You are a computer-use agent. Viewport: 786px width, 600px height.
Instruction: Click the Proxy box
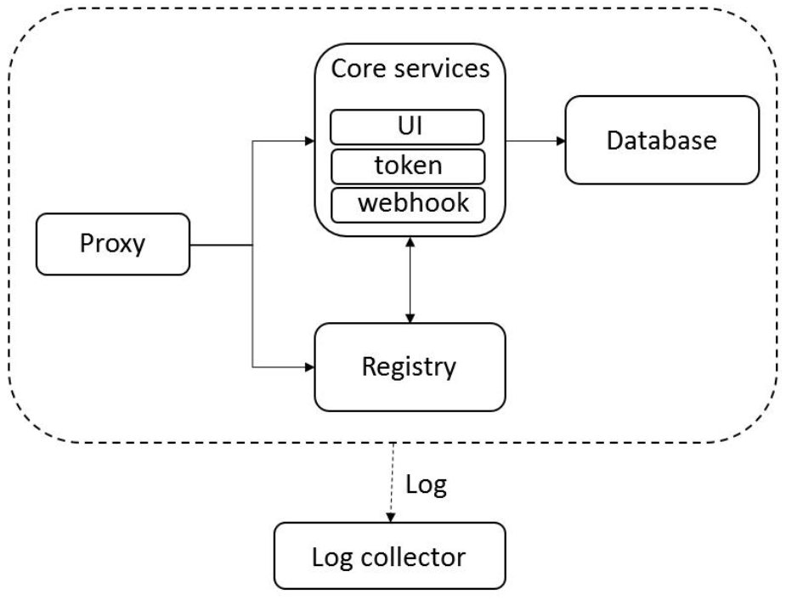pos(112,245)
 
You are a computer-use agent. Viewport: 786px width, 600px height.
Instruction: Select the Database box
pos(661,139)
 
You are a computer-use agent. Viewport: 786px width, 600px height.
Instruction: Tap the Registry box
pos(410,367)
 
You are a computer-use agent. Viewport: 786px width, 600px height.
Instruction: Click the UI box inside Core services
pos(407,126)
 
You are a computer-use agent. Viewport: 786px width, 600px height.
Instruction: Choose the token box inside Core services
pos(407,166)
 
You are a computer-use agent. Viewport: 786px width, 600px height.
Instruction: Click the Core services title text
pos(410,69)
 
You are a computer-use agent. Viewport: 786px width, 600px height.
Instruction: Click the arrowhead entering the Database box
pos(560,139)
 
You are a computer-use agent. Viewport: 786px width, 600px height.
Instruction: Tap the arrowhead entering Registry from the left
pos(310,367)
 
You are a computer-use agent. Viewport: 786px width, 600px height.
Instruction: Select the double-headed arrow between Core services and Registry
pos(410,280)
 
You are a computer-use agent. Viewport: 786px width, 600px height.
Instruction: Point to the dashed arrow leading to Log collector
pos(390,480)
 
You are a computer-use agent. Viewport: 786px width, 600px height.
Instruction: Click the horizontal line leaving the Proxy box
pos(221,245)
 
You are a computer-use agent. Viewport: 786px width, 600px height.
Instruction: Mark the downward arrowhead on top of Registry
pos(410,318)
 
